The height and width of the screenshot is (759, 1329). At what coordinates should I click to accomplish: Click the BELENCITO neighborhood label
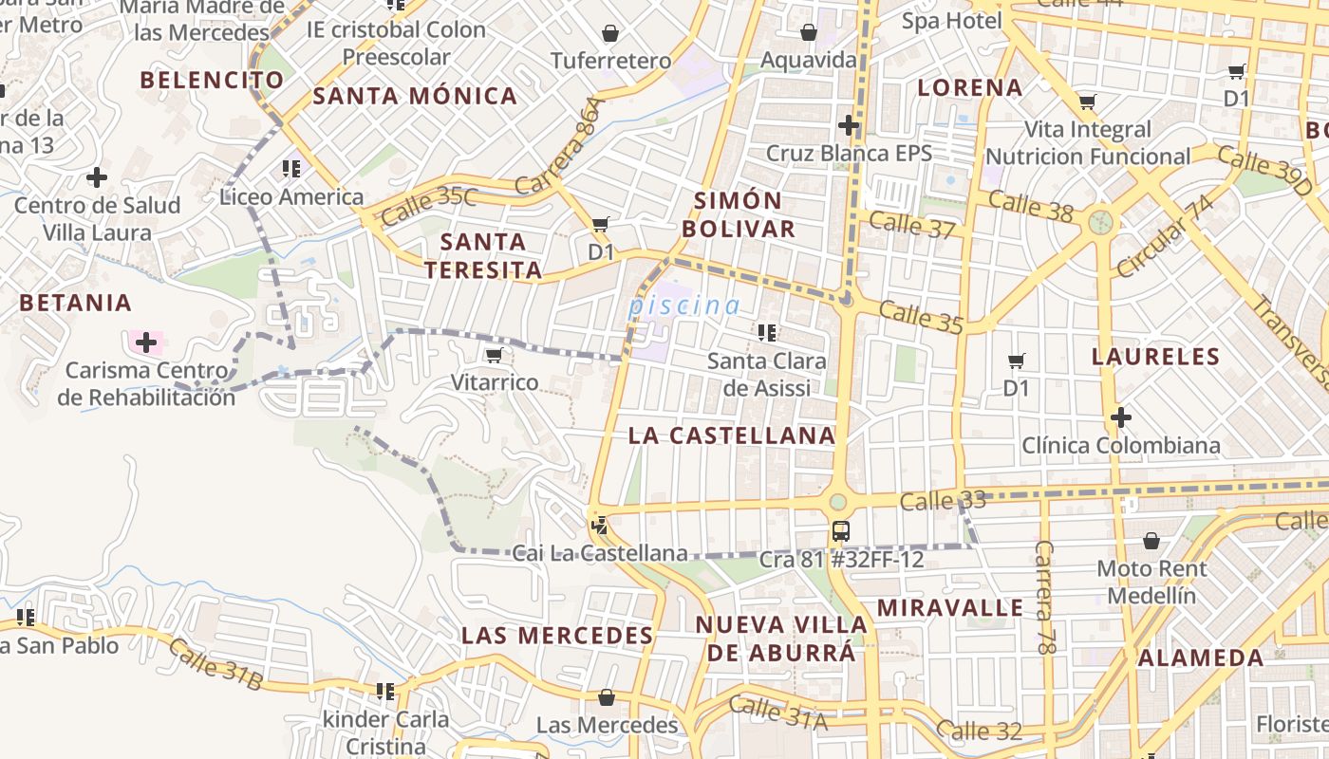click(212, 80)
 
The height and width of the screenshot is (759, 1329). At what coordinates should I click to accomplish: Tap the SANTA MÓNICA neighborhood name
click(415, 96)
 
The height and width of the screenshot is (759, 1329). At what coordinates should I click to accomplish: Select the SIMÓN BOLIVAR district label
click(739, 214)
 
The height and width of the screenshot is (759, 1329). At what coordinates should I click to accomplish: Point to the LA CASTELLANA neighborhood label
click(732, 435)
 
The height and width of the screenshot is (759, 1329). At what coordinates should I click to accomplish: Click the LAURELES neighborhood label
click(1155, 357)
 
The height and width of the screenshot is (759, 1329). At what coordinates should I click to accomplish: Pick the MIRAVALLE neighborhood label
click(950, 607)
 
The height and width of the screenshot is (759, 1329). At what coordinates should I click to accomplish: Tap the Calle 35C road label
click(429, 207)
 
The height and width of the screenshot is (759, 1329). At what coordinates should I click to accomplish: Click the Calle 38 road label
click(1030, 206)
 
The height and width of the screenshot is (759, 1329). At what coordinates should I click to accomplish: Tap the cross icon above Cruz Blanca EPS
click(849, 125)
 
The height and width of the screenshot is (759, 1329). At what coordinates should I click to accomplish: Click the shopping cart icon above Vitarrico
click(493, 356)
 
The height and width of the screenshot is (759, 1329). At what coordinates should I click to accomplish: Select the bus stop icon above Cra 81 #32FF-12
click(840, 531)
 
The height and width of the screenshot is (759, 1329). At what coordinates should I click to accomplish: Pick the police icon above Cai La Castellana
click(599, 525)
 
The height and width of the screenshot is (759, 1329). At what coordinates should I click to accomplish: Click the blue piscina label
click(683, 305)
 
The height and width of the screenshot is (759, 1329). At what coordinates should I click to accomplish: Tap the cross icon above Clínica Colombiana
click(1121, 417)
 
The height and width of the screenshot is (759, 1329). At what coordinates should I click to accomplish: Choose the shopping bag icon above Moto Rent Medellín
click(1151, 541)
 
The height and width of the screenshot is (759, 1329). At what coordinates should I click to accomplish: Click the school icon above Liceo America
click(290, 169)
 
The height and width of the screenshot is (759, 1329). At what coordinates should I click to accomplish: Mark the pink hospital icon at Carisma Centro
click(145, 342)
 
